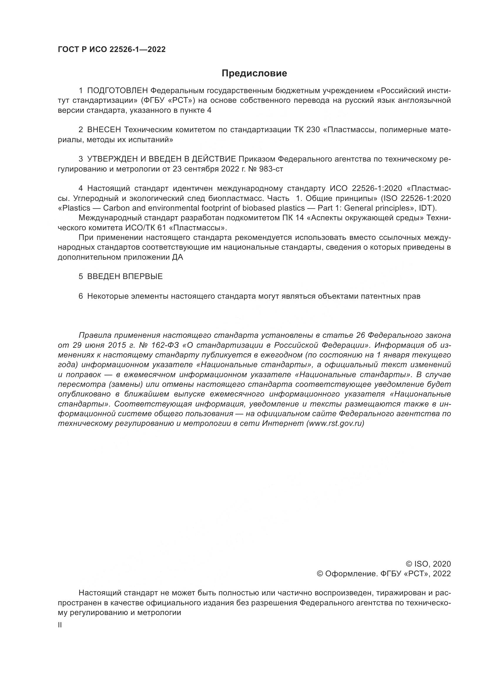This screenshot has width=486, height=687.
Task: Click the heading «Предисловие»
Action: [254, 73]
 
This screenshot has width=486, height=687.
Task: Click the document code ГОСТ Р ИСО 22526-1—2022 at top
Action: [112, 49]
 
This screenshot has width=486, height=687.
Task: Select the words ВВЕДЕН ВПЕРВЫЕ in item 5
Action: [125, 276]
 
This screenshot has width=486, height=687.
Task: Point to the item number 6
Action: [81, 296]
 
